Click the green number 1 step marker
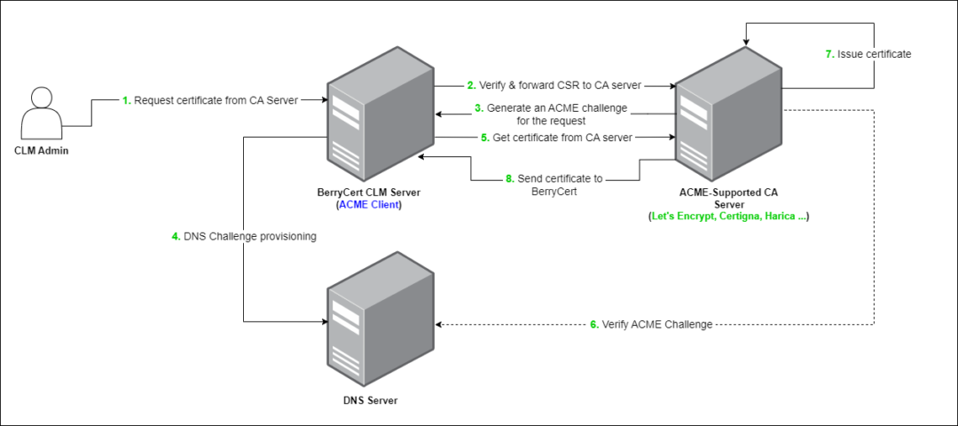tap(126, 100)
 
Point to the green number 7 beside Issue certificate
tap(828, 54)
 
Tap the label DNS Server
tap(370, 400)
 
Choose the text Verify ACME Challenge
tap(657, 325)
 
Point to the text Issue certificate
tap(874, 54)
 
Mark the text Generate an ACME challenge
tap(557, 107)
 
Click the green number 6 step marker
tap(593, 325)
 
